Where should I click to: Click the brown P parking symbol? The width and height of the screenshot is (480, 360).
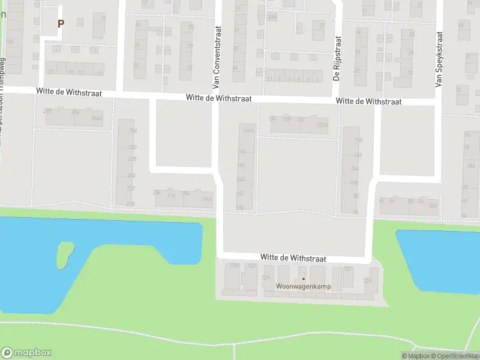[x=60, y=23]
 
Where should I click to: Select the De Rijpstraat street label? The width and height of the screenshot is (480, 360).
[x=337, y=59]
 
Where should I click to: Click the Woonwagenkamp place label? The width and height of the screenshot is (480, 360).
[x=304, y=286]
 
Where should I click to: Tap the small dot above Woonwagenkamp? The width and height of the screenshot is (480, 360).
[x=304, y=279]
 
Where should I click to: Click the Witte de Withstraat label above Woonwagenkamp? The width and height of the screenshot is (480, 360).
[x=293, y=257]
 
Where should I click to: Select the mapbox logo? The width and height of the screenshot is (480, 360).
[x=26, y=353]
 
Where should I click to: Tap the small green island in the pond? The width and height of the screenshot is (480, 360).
[x=64, y=254]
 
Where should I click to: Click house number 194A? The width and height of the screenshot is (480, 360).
[x=206, y=199]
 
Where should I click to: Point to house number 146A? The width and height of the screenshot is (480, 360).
[x=248, y=130]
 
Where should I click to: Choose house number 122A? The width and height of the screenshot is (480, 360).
[x=323, y=125]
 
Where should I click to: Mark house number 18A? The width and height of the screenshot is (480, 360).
[x=470, y=166]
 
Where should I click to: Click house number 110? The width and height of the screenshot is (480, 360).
[x=359, y=140]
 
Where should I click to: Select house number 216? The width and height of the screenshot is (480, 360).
[x=171, y=195]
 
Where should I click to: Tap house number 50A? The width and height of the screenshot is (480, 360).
[x=433, y=205]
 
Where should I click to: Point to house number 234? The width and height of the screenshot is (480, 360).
[x=131, y=175]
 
